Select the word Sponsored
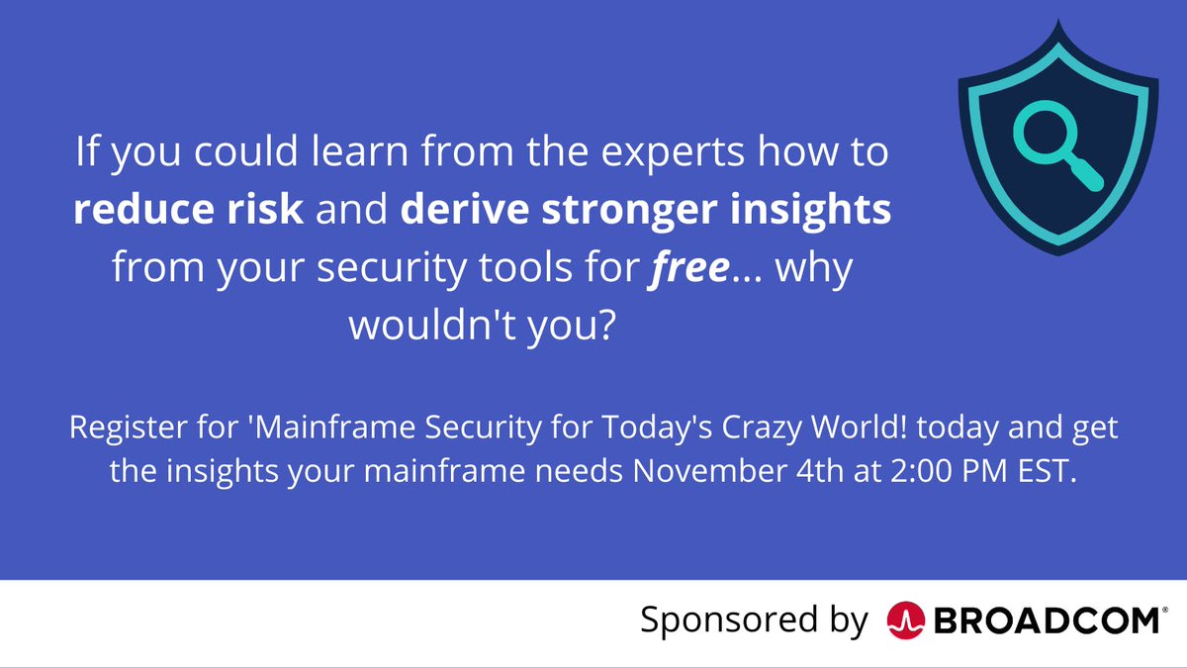tap(715, 620)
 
